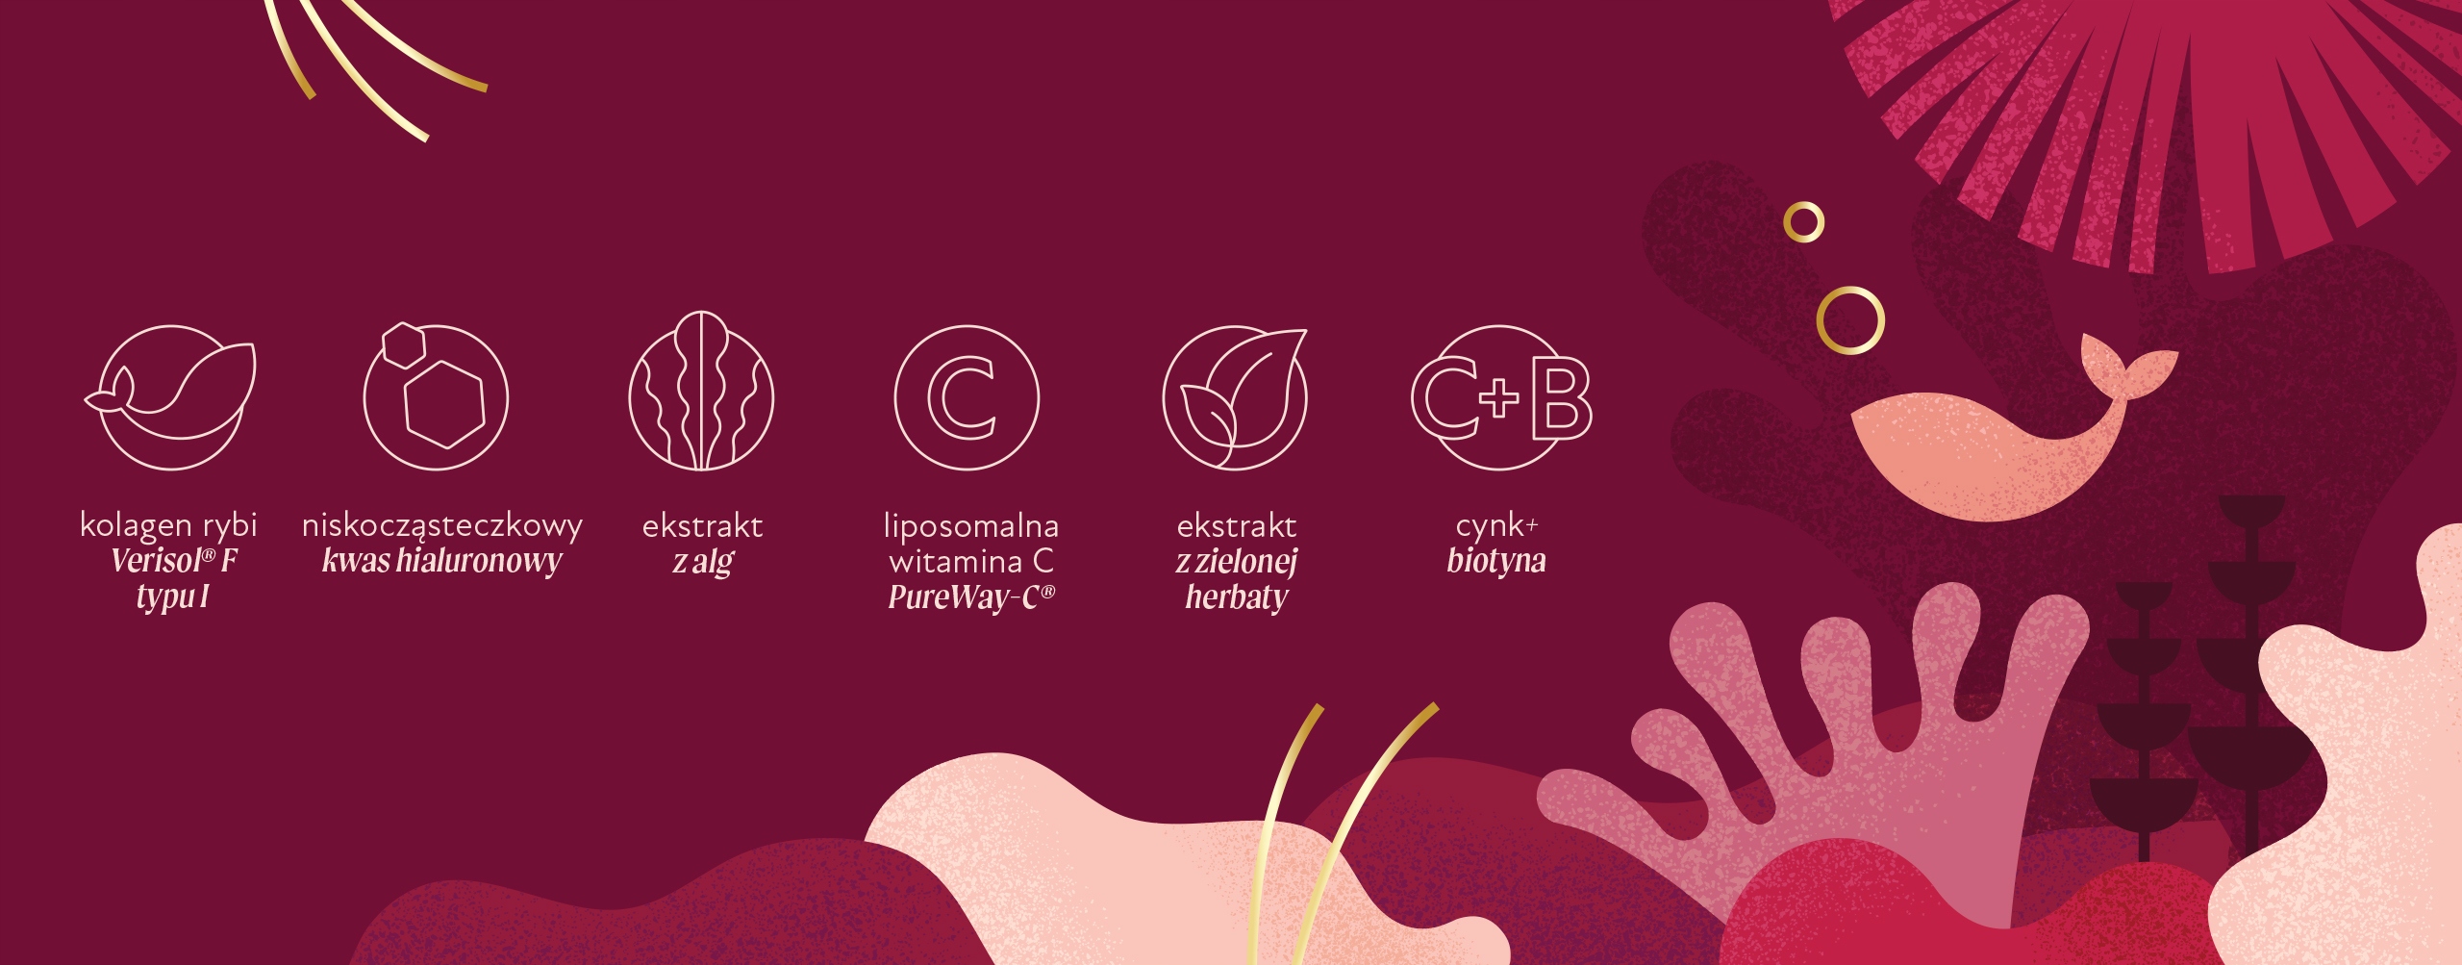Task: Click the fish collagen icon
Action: point(171,396)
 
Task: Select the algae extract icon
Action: point(702,391)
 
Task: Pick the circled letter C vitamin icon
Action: point(967,397)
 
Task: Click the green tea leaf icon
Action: point(1235,398)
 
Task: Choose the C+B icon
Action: point(1501,397)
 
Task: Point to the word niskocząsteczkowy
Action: point(442,526)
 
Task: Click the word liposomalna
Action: point(971,525)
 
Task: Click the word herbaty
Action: point(1237,597)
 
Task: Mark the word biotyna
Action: point(1496,560)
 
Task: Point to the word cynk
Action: point(1490,526)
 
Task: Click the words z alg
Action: point(703,562)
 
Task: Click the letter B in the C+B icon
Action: point(1562,397)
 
